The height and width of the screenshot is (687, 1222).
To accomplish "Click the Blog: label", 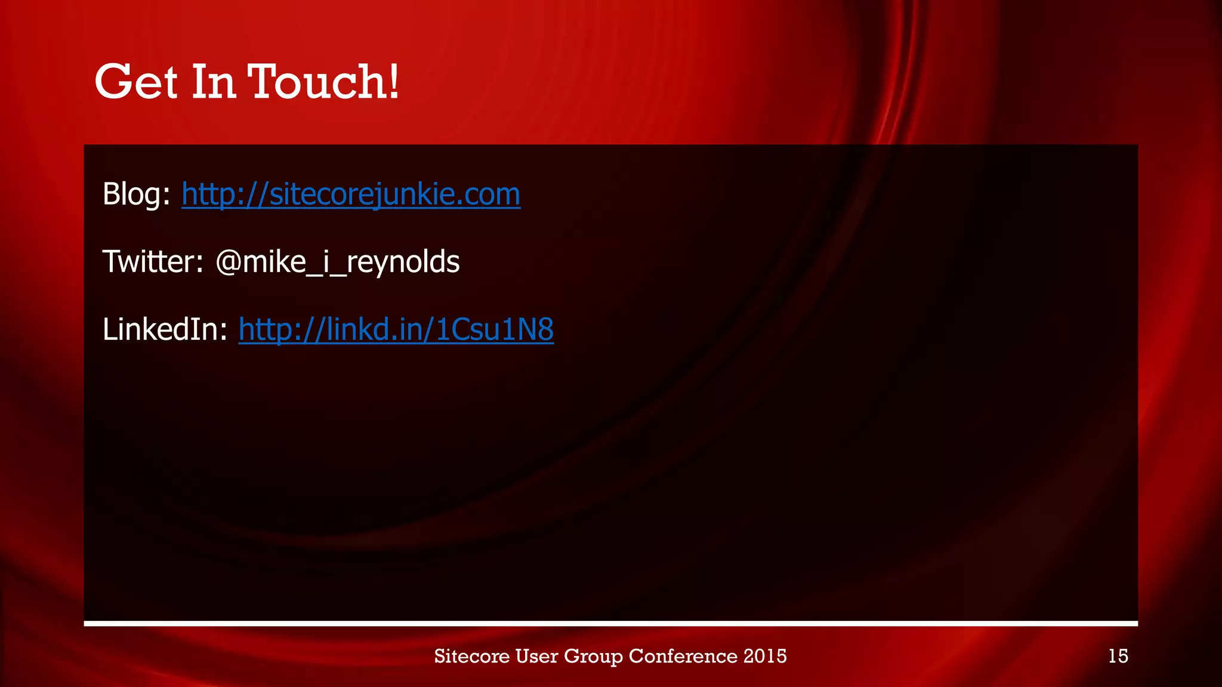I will tap(136, 194).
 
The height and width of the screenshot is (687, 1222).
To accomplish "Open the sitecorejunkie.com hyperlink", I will tap(351, 194).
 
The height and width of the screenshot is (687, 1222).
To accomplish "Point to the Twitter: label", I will tap(153, 262).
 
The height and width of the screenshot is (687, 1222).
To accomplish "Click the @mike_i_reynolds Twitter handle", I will tap(338, 262).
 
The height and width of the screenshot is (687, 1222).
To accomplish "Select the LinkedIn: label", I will tap(165, 329).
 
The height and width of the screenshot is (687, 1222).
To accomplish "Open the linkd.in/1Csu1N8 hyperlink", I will tap(396, 330).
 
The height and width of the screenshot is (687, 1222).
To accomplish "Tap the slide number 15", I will tap(1118, 656).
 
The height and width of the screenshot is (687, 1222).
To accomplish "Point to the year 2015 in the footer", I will tap(766, 656).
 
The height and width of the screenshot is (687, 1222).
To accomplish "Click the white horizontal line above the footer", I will tap(611, 624).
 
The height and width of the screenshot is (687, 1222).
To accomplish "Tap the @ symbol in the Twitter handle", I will tap(227, 262).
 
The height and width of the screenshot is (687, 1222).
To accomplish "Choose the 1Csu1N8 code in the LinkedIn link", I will tap(495, 330).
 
